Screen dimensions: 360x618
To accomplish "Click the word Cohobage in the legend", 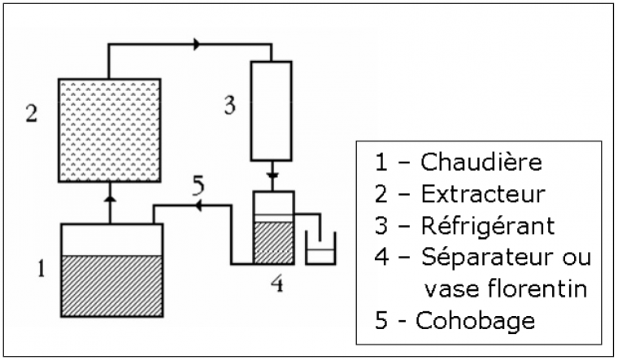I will tap(476, 320).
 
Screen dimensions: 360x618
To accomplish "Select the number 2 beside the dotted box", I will tap(31, 112).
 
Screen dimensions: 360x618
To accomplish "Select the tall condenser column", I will tap(271, 111).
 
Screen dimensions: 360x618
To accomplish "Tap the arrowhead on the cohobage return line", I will tap(195, 207).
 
